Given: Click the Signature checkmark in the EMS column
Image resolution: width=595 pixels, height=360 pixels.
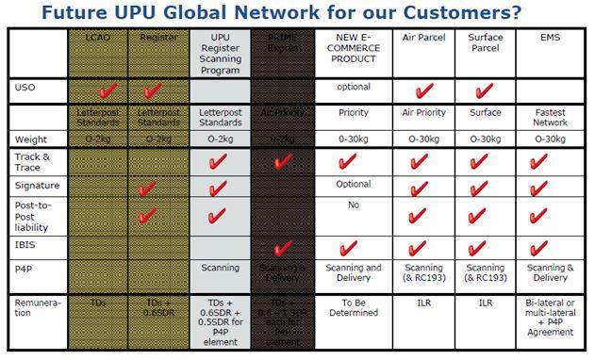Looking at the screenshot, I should [538, 188].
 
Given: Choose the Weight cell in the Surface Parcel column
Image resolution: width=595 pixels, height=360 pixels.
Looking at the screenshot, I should [486, 139].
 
